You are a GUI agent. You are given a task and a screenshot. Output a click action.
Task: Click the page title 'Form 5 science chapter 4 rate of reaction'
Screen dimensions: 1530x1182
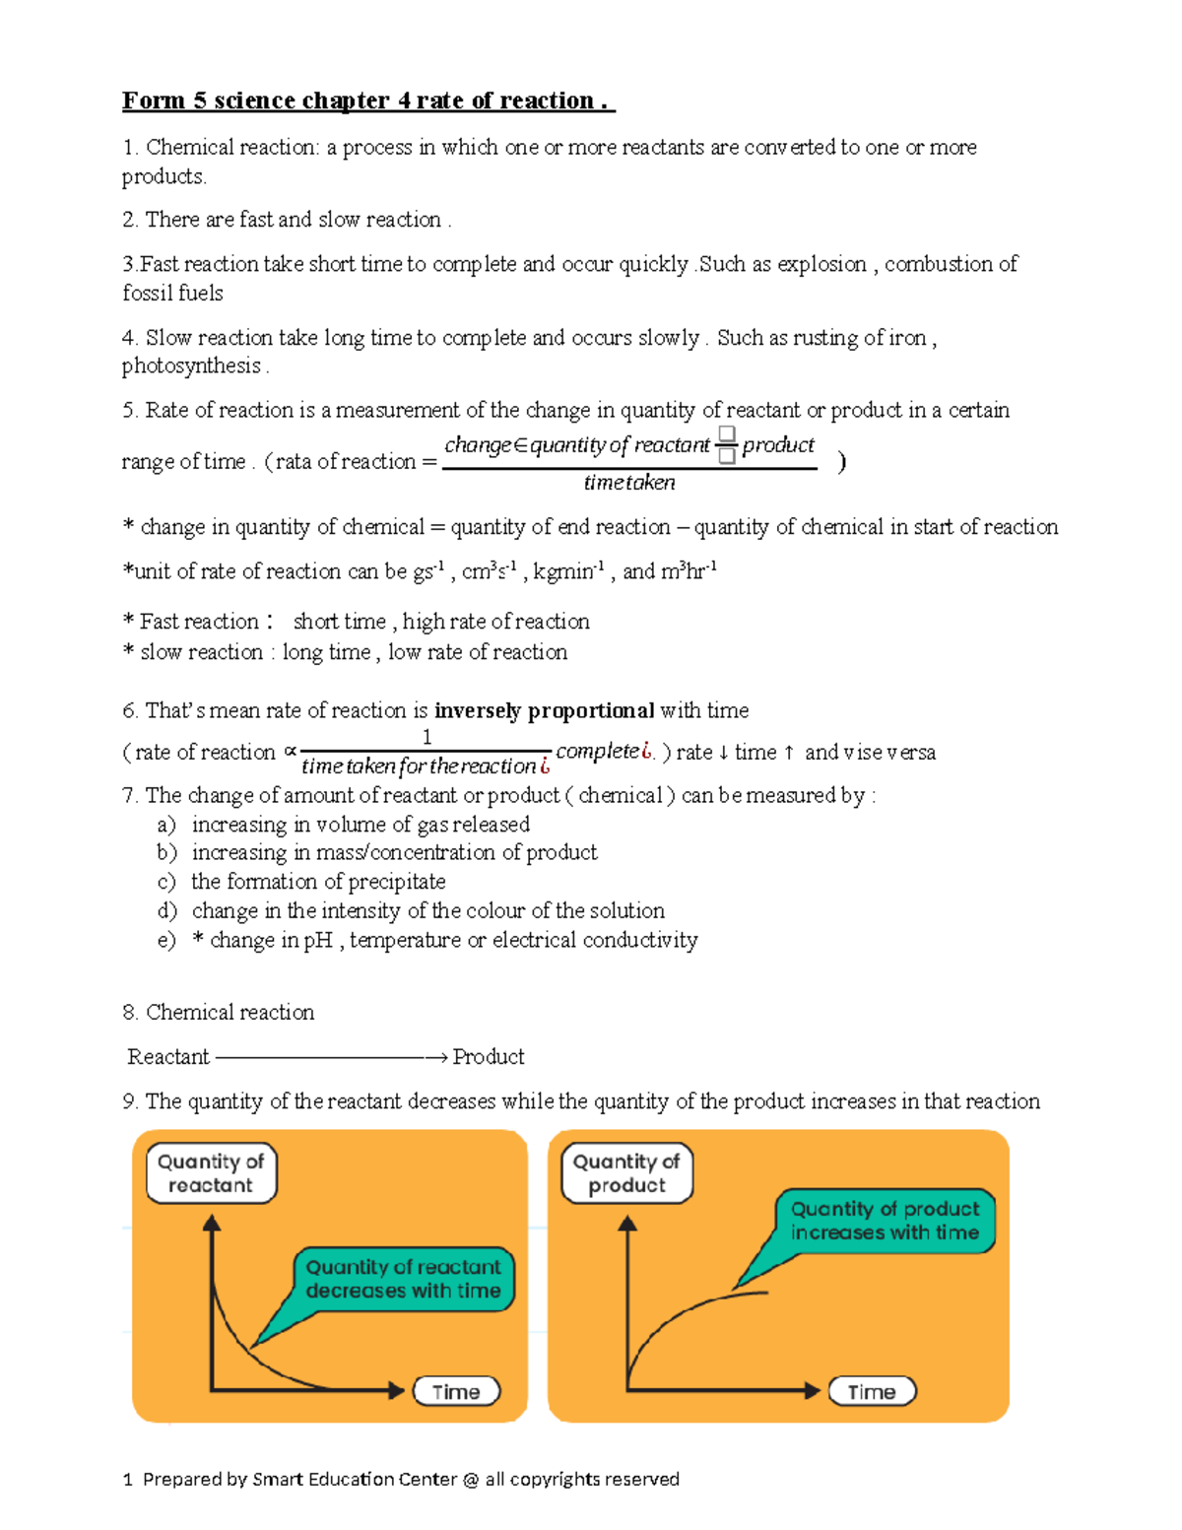coord(367,101)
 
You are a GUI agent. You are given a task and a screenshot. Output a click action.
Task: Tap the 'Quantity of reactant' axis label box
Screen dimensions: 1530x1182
coord(211,1173)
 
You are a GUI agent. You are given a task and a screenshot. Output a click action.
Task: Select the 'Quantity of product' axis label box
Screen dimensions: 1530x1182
coord(626,1173)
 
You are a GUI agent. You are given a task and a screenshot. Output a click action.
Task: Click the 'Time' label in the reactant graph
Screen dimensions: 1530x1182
coord(456,1392)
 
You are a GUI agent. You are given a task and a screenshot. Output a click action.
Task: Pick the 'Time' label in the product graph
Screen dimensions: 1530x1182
coord(872,1392)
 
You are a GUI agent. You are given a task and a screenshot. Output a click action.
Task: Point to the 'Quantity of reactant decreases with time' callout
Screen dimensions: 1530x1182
coord(403,1279)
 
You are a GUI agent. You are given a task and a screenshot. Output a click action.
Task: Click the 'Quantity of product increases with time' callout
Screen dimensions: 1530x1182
coord(885,1221)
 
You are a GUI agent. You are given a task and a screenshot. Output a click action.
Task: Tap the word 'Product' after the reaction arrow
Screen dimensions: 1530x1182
coord(489,1057)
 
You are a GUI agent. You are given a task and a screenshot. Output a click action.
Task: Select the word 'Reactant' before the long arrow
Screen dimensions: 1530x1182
coord(168,1057)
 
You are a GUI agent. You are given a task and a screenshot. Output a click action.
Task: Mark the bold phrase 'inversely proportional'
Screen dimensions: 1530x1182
coord(544,711)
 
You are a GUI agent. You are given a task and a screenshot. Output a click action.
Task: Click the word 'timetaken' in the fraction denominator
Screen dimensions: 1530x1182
coord(629,483)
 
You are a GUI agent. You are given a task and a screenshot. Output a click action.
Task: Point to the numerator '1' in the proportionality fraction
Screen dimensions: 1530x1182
coord(427,737)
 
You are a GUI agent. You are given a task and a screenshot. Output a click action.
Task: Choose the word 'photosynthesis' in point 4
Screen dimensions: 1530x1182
coord(191,366)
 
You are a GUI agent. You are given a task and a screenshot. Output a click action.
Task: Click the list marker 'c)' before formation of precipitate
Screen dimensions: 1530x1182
coord(166,882)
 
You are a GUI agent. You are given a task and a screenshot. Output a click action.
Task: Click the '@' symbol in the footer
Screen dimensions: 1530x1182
coord(470,1479)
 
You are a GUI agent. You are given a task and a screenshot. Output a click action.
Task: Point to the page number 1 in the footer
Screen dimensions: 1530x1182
coord(128,1479)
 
